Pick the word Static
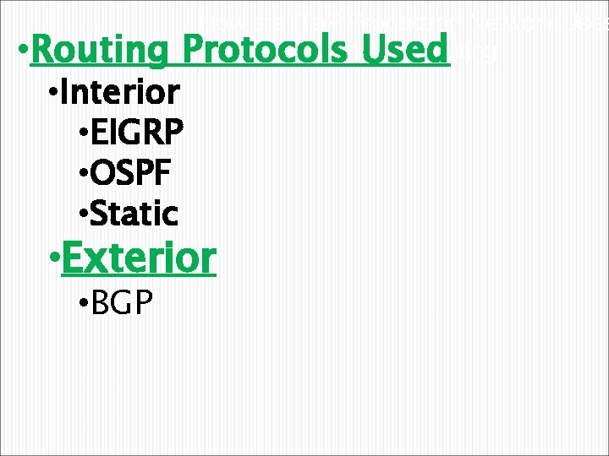coord(133,214)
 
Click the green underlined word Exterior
coord(140,258)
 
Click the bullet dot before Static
coord(81,215)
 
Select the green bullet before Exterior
coord(55,260)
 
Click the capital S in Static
coord(97,214)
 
